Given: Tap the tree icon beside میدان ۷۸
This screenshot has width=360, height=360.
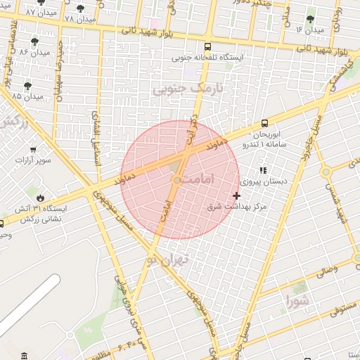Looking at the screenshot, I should [x=81, y=8].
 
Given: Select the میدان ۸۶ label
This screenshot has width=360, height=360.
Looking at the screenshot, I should [x=34, y=53].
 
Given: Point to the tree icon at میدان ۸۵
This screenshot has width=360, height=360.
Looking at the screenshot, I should [x=28, y=86].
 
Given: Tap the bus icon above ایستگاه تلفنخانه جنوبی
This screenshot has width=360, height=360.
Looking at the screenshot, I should [x=194, y=44].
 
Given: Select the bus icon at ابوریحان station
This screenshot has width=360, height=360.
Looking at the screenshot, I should [x=264, y=122].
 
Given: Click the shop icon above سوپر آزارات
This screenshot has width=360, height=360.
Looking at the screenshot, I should [x=33, y=149].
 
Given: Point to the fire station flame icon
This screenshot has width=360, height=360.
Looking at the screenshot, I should [x=41, y=198].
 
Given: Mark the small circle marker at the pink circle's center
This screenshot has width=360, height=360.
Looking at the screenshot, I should [x=176, y=181].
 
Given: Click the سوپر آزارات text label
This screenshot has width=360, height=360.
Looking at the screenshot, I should [x=33, y=160].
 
